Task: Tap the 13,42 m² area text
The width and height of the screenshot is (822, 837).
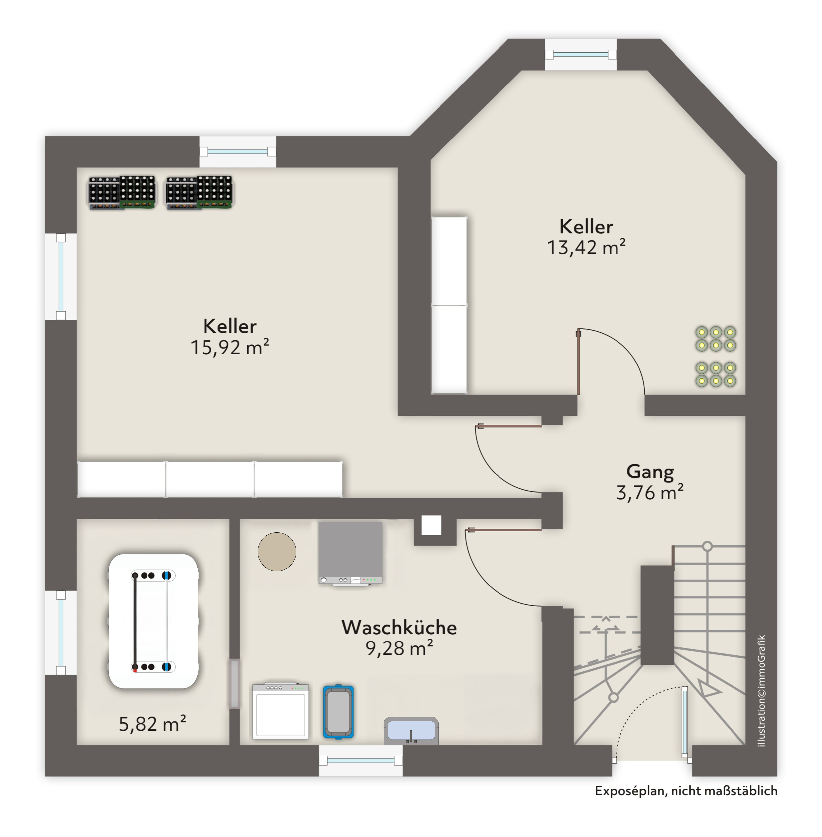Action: click(586, 247)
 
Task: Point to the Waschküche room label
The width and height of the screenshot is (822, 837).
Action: click(399, 627)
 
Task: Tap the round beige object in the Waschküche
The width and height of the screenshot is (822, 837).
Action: click(277, 552)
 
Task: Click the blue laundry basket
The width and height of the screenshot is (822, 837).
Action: click(338, 712)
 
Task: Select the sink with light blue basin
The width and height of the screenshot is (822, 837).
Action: click(411, 731)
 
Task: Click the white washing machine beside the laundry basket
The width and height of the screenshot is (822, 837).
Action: click(281, 711)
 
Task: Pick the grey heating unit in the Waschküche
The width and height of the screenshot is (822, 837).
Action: click(350, 552)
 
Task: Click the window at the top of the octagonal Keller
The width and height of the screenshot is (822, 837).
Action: click(580, 54)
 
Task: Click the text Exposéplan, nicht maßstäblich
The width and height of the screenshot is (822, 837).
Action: click(685, 791)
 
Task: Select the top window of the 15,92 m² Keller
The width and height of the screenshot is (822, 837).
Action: click(237, 151)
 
